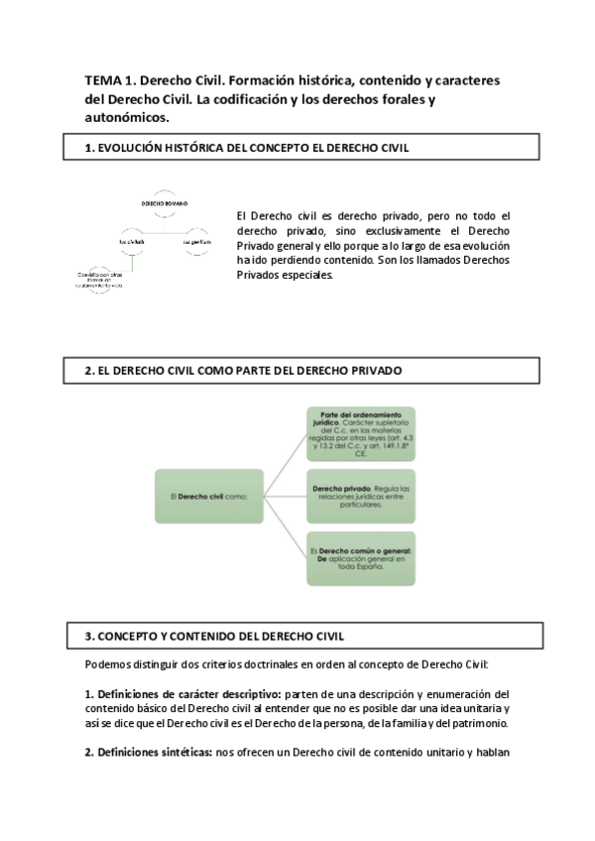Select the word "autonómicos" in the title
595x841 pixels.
127,116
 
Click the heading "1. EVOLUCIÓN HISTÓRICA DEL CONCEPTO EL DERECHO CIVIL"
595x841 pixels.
248,148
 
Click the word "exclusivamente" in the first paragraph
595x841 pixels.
388,229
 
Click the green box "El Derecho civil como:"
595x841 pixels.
206,495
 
